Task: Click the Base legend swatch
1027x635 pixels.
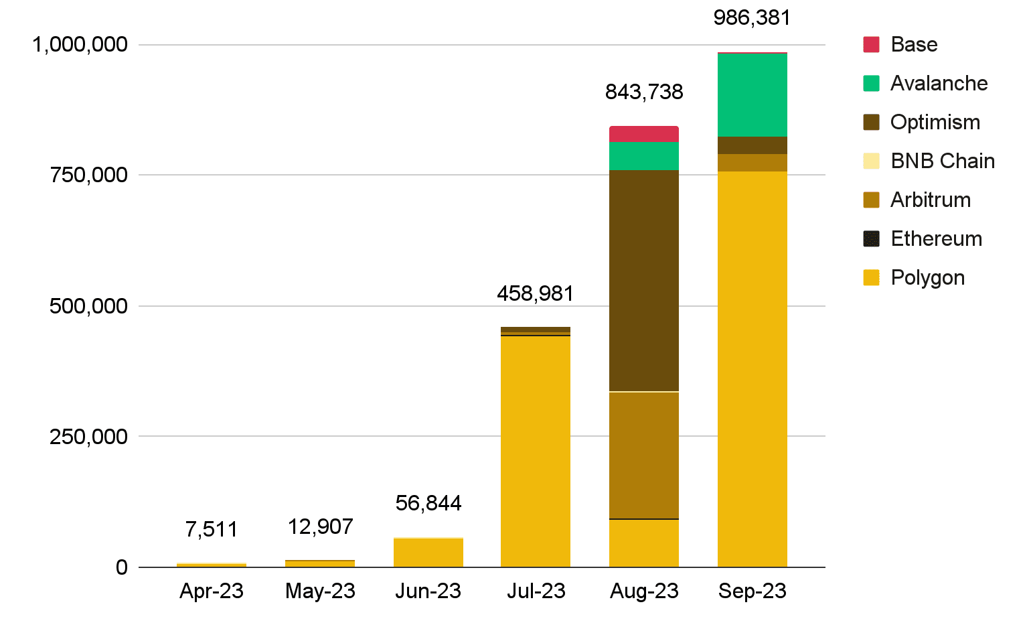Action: coord(871,44)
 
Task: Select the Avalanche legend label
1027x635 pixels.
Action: coord(939,83)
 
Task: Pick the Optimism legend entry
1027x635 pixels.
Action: coord(935,122)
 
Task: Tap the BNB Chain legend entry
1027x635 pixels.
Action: coord(942,161)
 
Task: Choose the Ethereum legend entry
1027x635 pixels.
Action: coord(936,238)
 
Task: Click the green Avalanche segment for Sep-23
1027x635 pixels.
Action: coord(752,94)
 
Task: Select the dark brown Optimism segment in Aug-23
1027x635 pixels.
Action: coord(643,281)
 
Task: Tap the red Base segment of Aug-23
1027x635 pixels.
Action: coord(643,134)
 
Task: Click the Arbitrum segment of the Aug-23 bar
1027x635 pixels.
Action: coord(643,455)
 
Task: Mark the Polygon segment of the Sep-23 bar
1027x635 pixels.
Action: coord(752,369)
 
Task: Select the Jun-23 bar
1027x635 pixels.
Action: coord(428,553)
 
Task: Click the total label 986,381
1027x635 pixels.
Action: coord(752,17)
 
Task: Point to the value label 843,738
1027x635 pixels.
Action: coord(643,92)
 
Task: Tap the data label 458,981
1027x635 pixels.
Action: coord(535,293)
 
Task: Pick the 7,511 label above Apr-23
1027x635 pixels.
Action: coord(212,529)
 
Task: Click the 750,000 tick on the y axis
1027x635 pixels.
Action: coord(88,175)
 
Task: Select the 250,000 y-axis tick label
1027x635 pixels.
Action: coord(88,437)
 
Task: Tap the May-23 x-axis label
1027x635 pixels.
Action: coord(320,591)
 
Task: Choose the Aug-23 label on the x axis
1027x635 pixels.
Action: coord(644,591)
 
